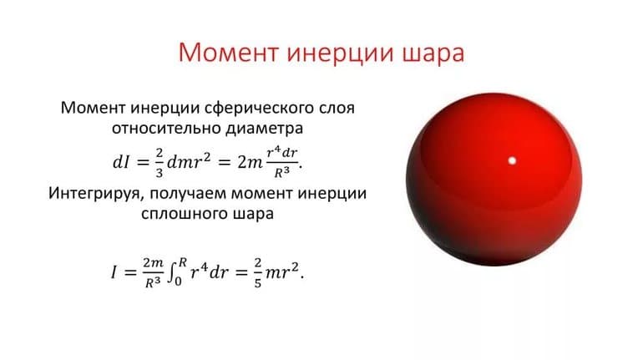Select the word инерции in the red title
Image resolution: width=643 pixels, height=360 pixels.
(x=337, y=54)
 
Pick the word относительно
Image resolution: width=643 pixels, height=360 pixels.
(x=164, y=130)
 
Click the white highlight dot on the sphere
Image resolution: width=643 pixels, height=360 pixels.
(x=512, y=160)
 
